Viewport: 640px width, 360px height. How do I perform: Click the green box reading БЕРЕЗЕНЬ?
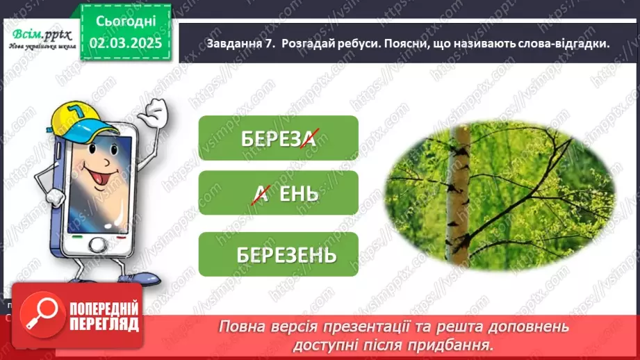tap(278, 254)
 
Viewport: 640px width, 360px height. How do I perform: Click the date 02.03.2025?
tap(125, 42)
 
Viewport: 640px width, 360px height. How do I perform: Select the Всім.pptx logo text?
tap(39, 33)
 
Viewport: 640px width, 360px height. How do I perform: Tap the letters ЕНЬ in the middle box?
tap(299, 193)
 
